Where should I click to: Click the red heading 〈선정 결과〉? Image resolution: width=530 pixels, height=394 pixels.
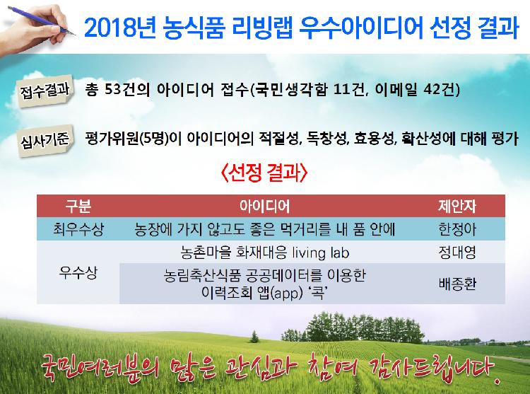click(264, 173)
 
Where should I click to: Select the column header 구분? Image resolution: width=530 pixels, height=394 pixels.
click(78, 206)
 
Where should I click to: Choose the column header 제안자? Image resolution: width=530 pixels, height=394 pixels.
click(458, 206)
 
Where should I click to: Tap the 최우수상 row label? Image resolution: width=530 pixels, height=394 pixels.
click(78, 229)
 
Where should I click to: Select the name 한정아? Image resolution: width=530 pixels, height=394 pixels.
click(458, 229)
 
